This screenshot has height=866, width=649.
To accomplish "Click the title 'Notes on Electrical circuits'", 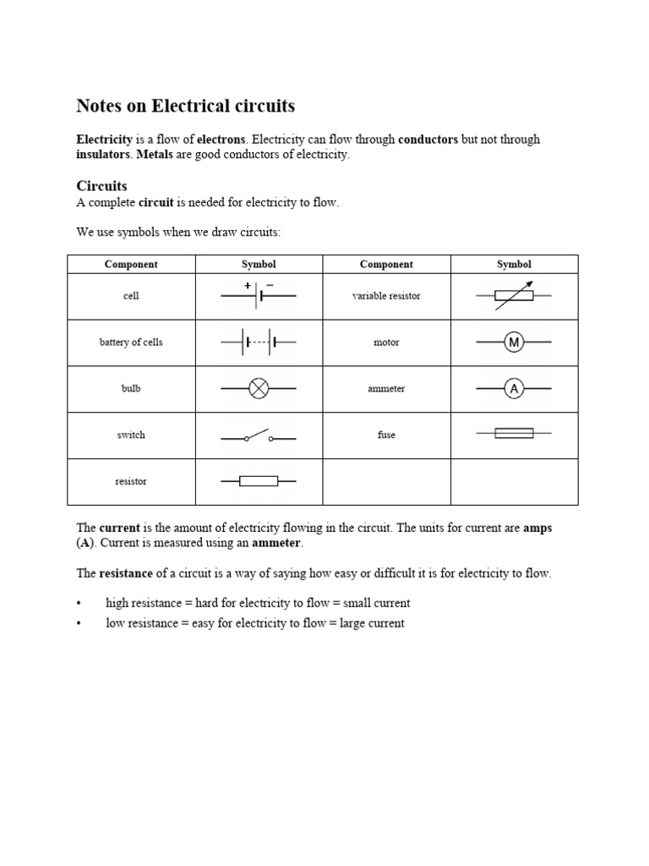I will (x=185, y=106).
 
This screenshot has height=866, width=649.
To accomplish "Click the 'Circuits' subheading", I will (x=101, y=186).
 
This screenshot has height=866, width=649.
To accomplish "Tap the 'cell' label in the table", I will (x=130, y=297).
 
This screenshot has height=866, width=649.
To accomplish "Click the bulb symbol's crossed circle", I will (x=259, y=389).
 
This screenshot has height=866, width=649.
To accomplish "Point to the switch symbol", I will (x=259, y=436).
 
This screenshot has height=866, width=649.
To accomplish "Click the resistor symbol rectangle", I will (x=259, y=481).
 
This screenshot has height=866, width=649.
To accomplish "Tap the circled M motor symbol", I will (x=514, y=343).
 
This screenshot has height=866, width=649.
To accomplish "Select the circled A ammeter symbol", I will (x=514, y=389).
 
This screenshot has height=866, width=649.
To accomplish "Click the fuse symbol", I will (x=514, y=433).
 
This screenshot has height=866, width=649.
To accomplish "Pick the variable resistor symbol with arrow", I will (x=514, y=295).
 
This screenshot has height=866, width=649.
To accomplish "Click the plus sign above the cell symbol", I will (x=248, y=286).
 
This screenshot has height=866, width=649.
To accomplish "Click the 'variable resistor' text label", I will (x=386, y=297).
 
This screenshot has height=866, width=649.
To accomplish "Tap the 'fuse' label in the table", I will (x=386, y=435).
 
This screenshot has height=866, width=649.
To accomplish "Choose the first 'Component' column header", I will (x=130, y=264).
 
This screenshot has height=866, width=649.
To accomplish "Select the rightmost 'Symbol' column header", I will (x=514, y=264).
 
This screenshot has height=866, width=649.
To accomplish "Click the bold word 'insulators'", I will (x=103, y=155).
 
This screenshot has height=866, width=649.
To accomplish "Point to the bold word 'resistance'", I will (x=127, y=573).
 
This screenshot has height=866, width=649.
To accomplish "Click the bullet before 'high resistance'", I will (x=79, y=604).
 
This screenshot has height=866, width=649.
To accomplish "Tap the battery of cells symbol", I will (x=259, y=343).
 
